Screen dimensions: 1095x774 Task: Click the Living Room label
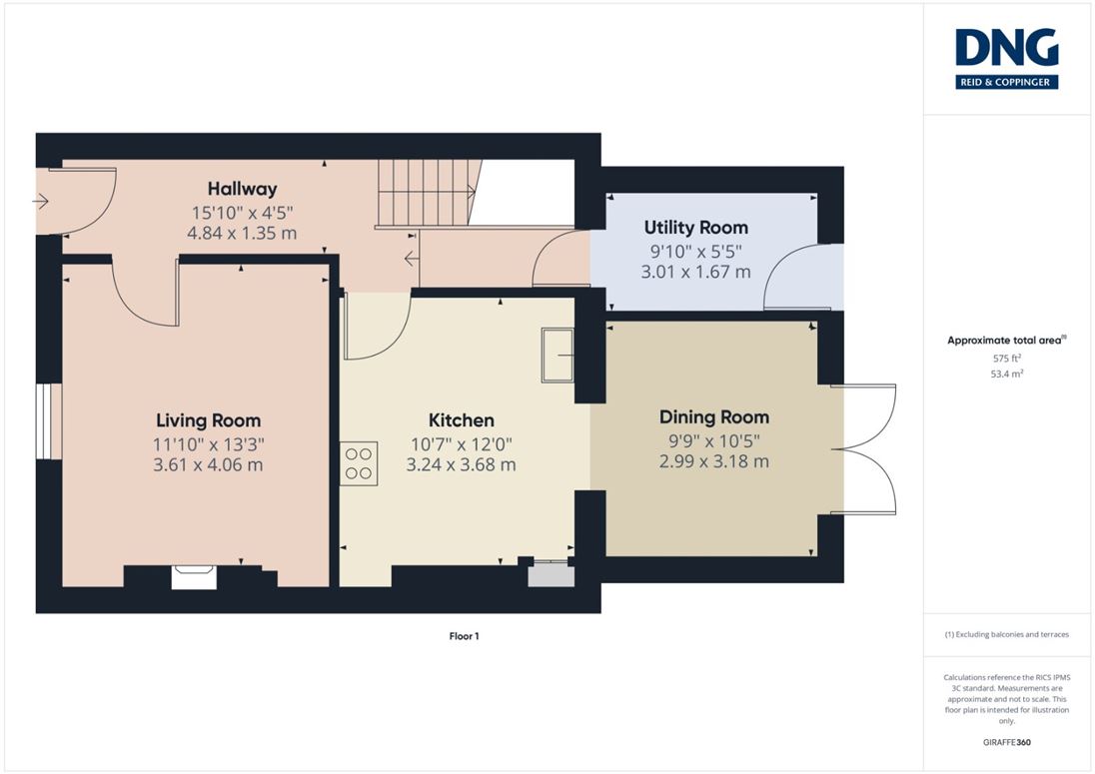[208, 420]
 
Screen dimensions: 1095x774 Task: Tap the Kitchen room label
[461, 420]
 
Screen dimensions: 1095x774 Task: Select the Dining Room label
[714, 417]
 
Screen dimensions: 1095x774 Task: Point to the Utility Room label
[695, 228]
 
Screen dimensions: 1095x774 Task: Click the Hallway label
[243, 189]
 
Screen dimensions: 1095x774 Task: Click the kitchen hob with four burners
[359, 463]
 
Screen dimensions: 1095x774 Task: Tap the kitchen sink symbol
[557, 356]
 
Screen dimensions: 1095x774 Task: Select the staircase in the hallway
[428, 194]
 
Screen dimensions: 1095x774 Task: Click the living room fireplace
[194, 577]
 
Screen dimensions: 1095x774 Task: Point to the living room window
[49, 420]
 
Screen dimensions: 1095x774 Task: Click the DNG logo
[1006, 59]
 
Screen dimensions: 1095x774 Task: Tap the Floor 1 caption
[464, 636]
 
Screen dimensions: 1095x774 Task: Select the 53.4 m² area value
[1006, 375]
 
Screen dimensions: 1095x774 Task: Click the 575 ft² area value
[1006, 358]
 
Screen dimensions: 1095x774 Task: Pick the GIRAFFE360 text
[1006, 742]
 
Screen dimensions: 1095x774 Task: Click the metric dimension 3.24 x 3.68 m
[461, 464]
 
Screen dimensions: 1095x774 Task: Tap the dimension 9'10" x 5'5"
[695, 252]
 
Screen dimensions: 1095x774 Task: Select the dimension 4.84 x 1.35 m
[243, 233]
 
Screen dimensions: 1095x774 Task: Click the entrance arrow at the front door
[40, 202]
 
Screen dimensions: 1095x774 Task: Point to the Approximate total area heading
[1006, 341]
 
